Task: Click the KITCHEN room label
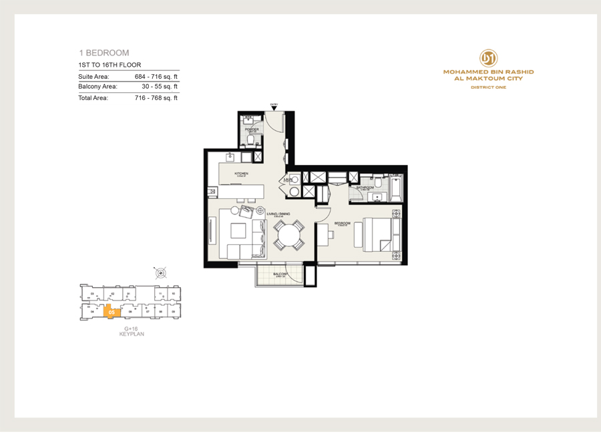click(x=241, y=174)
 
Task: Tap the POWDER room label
click(x=252, y=130)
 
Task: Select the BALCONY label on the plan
click(x=280, y=274)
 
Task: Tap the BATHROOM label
click(x=365, y=188)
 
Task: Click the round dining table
click(x=289, y=236)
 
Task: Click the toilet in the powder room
click(x=252, y=142)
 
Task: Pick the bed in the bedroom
click(x=378, y=236)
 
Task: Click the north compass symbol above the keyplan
click(x=160, y=272)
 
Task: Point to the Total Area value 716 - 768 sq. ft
click(x=156, y=98)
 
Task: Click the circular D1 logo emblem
click(x=488, y=57)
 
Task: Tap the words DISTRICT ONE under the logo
click(x=488, y=87)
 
